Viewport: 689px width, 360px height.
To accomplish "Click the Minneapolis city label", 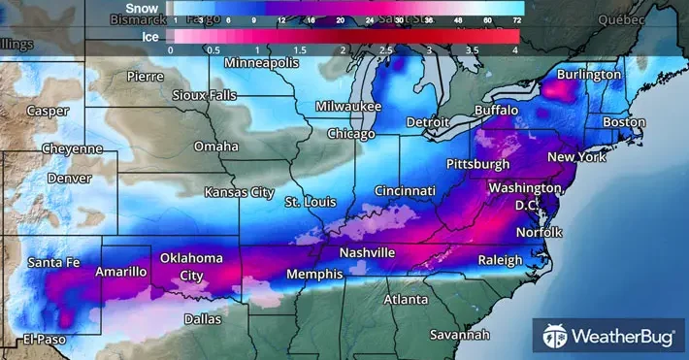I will point(262,63).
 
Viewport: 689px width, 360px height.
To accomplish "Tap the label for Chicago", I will point(350,133).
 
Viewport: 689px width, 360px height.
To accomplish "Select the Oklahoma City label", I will point(191,266).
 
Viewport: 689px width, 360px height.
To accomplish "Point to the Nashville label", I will point(367,252).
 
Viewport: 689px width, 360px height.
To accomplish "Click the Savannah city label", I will point(460,335).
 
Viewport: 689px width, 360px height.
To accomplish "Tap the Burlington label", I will point(588,75).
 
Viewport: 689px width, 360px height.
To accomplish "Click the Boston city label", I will point(624,122).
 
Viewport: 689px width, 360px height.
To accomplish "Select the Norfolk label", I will point(539,232).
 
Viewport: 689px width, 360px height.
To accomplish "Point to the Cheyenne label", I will point(72,148).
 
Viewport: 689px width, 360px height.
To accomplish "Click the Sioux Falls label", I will point(203,95).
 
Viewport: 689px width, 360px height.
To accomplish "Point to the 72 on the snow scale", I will point(518,19).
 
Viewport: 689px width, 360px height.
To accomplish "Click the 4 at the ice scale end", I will point(515,49).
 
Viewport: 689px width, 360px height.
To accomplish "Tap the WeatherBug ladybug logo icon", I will point(555,337).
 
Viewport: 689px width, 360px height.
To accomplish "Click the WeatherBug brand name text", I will point(621,337).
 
